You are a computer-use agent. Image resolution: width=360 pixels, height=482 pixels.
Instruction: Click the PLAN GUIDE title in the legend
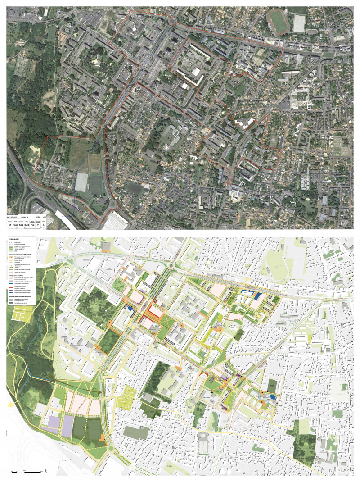[14, 239]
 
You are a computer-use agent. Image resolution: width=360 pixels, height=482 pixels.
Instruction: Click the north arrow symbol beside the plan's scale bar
[46, 471]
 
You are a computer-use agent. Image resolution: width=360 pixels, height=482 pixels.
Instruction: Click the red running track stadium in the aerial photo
[279, 22]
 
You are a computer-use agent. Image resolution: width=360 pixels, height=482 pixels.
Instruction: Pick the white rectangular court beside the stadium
[299, 23]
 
